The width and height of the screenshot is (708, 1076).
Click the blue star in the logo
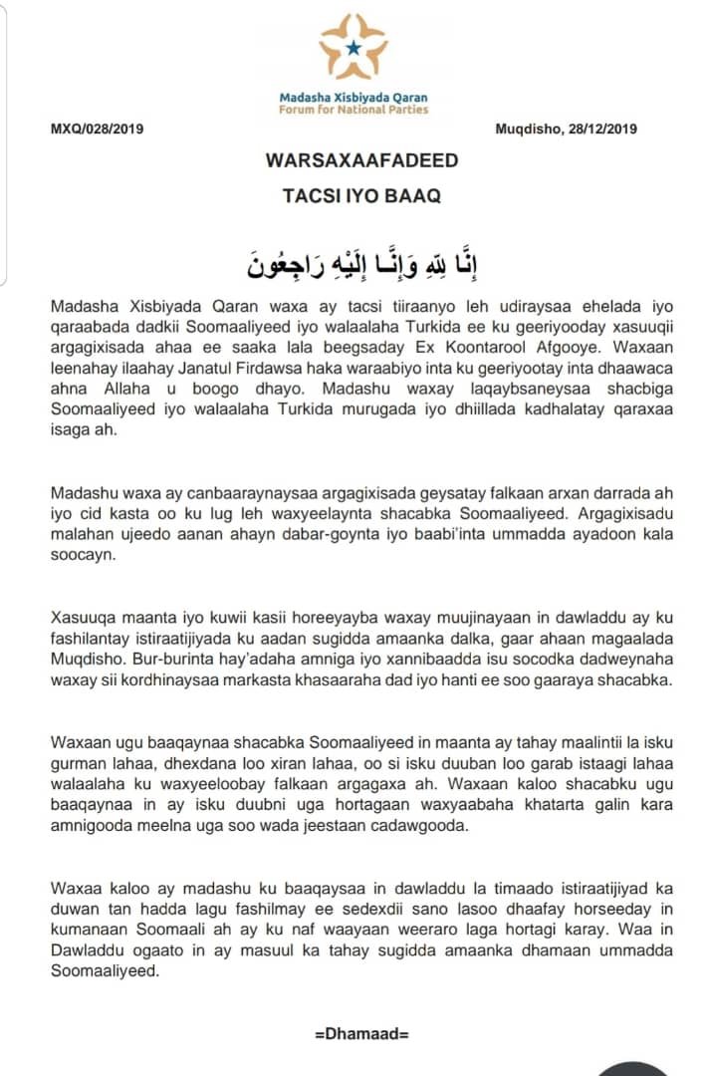pos(353,47)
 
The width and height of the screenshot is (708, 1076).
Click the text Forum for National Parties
pos(354,110)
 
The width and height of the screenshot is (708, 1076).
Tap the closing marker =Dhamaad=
pos(361,1033)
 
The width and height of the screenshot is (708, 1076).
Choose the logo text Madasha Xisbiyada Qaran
pos(354,98)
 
